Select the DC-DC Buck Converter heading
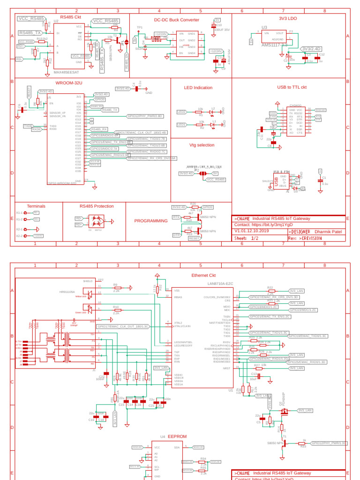pos(177,20)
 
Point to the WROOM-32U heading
pos(69,82)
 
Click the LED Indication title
pos(198,88)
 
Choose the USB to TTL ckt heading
pos(292,87)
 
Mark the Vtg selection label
pos(202,145)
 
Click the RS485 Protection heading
pos(97,206)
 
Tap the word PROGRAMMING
pos(151,221)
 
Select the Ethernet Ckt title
pos(203,275)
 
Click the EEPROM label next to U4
pos(177,436)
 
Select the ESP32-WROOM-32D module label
pos(62,184)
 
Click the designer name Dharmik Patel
pos(328,231)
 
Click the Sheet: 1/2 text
pos(247,238)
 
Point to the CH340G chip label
pos(295,106)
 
